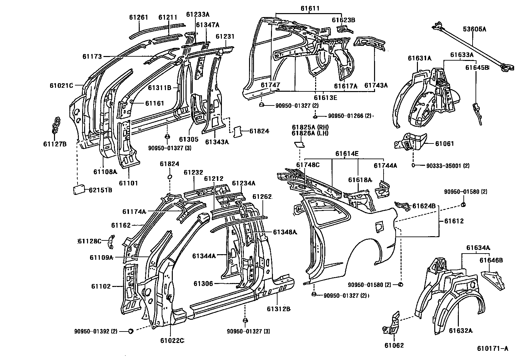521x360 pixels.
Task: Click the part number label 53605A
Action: pos(474,29)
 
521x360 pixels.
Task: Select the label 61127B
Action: pos(55,143)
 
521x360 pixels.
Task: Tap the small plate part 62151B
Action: pos(79,190)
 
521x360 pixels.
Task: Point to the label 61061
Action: pos(444,143)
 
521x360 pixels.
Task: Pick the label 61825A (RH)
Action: pos(310,127)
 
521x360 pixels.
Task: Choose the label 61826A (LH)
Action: pos(310,133)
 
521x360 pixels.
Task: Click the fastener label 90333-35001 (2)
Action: pos(448,166)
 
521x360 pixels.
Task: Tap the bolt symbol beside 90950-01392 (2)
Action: pos(130,331)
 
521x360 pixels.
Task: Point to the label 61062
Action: pos(394,345)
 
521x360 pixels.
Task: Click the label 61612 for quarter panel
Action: pos(454,221)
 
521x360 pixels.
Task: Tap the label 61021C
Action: pos(61,85)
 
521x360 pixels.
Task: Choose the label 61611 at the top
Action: pos(310,9)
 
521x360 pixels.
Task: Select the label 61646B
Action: pos(491,260)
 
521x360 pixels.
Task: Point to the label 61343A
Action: pos(217,142)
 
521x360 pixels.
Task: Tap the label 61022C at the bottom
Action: pos(172,341)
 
